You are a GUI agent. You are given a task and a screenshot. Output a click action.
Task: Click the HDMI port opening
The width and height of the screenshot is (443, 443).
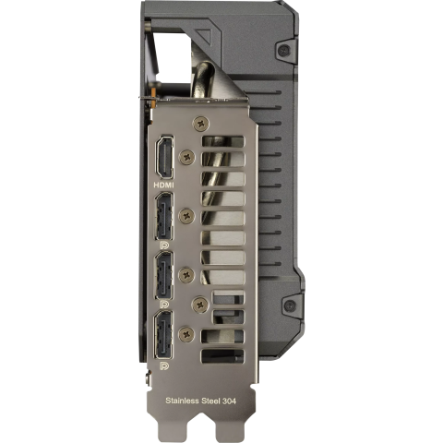pos(164,157)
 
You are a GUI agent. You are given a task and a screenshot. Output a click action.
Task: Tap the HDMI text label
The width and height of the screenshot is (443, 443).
pos(163,185)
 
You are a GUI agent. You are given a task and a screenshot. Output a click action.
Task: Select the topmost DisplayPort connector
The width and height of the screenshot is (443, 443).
pos(163,216)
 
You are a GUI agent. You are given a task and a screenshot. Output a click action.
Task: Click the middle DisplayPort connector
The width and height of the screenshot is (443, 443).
pos(163,275)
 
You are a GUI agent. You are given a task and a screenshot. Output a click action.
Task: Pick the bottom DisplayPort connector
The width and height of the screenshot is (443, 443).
pos(163,334)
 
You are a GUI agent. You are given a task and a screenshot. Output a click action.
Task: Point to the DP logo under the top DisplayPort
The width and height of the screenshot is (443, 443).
pos(164,245)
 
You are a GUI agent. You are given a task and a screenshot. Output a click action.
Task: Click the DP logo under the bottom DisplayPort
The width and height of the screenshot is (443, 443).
pos(164,365)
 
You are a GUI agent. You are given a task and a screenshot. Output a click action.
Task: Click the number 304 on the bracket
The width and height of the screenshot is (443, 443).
pos(228,401)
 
